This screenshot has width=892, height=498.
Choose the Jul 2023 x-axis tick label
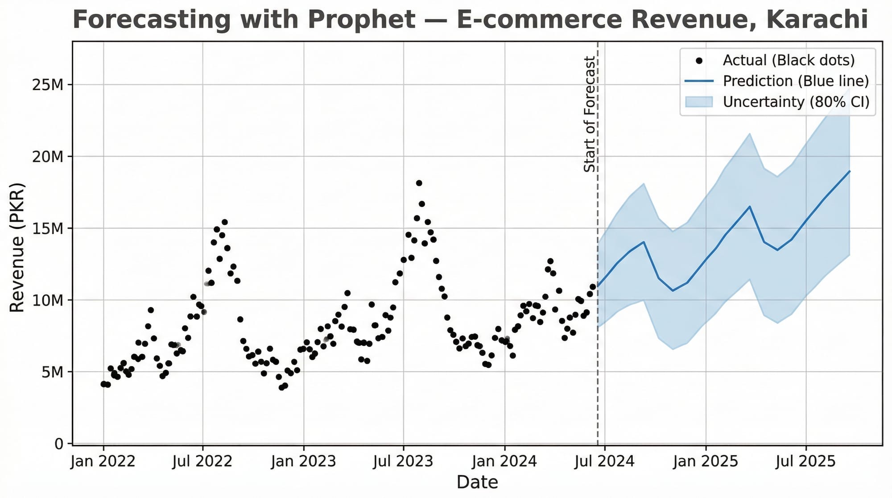coord(404,461)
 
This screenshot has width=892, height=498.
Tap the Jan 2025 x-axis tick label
coord(706,461)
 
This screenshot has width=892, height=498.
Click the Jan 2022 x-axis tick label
coord(103,461)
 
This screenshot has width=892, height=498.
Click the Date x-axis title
coord(477,482)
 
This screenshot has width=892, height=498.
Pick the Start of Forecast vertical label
coord(590,114)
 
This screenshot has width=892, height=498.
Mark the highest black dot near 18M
coord(419,183)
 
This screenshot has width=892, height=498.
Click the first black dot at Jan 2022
coord(103,384)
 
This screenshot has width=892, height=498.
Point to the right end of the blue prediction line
coord(850,171)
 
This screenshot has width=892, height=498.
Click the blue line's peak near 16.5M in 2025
coord(750,207)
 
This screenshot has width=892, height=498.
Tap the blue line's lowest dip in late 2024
coord(673,290)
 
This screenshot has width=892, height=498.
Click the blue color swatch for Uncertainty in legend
coord(699,102)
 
